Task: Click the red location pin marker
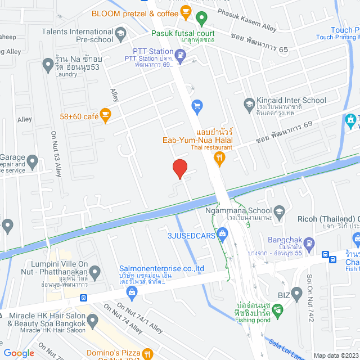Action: (x=179, y=168)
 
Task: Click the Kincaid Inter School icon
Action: (x=249, y=103)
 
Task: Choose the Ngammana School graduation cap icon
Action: (x=278, y=213)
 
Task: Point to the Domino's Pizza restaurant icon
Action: (x=147, y=354)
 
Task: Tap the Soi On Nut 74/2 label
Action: (x=310, y=293)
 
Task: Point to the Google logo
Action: (x=19, y=353)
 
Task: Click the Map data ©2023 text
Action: (x=335, y=355)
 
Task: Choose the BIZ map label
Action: (x=283, y=295)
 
